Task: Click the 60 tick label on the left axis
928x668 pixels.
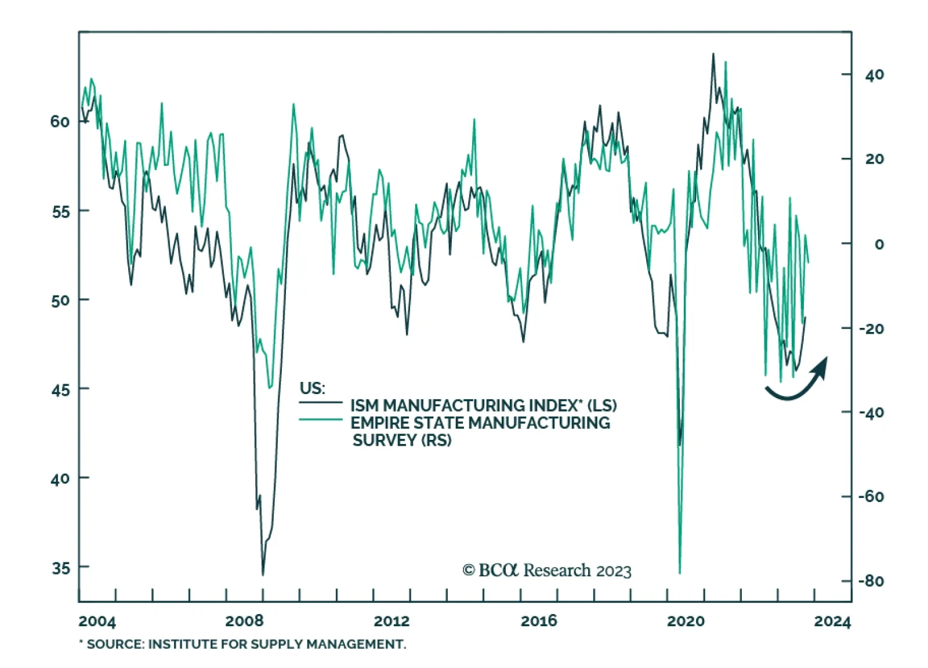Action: coord(60,122)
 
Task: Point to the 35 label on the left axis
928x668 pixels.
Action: coord(61,568)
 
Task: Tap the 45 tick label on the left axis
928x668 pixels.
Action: coord(60,389)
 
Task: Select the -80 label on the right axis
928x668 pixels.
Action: coord(871,581)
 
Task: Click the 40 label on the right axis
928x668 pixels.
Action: coord(874,75)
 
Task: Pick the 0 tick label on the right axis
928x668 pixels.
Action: coord(879,244)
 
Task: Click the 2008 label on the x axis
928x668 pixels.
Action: coord(244,621)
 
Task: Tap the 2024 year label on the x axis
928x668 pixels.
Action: coord(832,622)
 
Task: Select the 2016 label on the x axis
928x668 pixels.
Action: coord(539,621)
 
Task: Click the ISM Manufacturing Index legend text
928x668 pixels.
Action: coord(483,405)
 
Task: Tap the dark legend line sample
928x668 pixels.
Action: coord(321,402)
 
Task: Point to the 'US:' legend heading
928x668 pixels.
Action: coord(312,388)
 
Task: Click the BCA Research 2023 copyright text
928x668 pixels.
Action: coord(546,570)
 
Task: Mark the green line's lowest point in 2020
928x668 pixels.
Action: coord(680,573)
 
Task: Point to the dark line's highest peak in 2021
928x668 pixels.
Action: coord(713,54)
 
